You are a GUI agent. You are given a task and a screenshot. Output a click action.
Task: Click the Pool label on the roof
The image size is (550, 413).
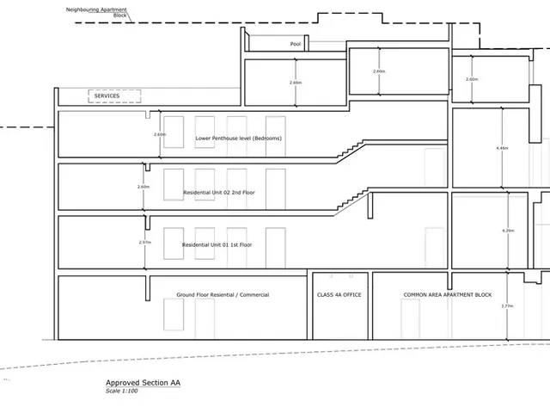click(x=296, y=44)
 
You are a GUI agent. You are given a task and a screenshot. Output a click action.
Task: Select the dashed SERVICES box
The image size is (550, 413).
click(x=114, y=96)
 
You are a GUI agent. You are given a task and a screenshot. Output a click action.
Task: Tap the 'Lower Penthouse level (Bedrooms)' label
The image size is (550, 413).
click(x=239, y=139)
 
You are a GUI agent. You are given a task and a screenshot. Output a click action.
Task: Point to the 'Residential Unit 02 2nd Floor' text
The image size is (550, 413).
click(x=219, y=193)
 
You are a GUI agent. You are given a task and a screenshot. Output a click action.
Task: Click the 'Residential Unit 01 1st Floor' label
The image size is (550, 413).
click(x=217, y=244)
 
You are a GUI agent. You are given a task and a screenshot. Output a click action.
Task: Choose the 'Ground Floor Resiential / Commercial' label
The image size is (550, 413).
click(x=223, y=294)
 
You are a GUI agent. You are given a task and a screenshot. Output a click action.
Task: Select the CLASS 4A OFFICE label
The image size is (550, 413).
click(x=339, y=294)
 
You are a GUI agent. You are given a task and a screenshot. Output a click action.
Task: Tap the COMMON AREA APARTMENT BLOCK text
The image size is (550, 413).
click(x=448, y=294)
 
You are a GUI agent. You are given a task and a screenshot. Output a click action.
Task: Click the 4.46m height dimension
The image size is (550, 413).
click(x=502, y=148)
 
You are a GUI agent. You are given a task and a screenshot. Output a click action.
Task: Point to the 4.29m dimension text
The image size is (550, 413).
click(x=508, y=231)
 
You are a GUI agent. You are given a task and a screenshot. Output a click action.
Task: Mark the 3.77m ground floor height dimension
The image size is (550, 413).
click(x=507, y=306)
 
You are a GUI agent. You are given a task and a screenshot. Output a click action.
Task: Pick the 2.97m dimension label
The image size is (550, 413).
click(x=145, y=243)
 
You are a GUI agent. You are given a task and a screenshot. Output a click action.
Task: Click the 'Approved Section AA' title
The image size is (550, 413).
click(x=144, y=383)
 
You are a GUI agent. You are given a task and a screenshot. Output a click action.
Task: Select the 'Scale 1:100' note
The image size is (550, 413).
click(x=122, y=391)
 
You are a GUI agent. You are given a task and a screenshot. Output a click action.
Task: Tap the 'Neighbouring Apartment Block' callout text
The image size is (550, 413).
click(x=96, y=12)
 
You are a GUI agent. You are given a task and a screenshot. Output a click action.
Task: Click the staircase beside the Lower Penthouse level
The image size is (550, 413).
click(x=351, y=149)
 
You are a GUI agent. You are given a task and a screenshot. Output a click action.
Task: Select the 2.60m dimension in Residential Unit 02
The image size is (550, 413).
click(x=144, y=187)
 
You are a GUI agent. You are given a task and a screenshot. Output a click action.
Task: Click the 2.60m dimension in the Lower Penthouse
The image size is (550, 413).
click(x=160, y=134)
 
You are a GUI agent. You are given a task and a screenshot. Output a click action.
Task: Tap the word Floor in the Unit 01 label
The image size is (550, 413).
click(x=245, y=244)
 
